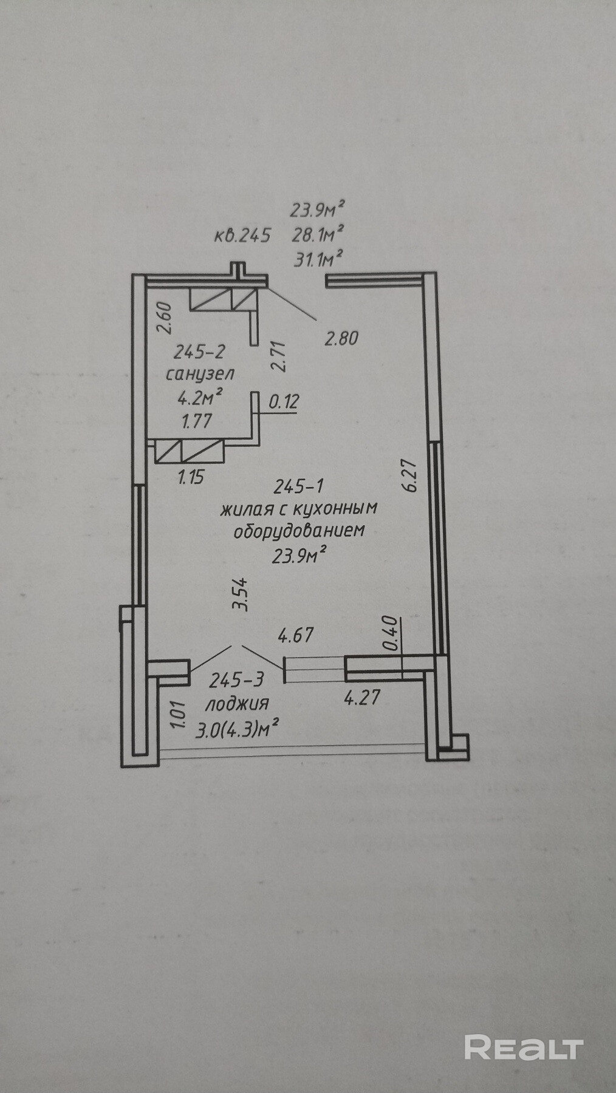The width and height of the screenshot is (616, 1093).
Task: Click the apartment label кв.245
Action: point(241,235)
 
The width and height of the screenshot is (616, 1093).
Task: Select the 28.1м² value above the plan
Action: point(318,234)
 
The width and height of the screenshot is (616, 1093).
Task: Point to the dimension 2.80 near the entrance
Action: point(341,338)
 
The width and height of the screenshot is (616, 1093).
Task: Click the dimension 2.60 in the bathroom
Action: point(166,318)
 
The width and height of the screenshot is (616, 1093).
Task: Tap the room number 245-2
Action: point(200,352)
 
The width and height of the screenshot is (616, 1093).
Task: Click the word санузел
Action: point(200,373)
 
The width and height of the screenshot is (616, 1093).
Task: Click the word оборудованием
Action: point(299,530)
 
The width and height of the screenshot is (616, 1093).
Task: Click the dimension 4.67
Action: point(296,636)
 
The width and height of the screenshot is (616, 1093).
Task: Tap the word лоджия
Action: point(237,704)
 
